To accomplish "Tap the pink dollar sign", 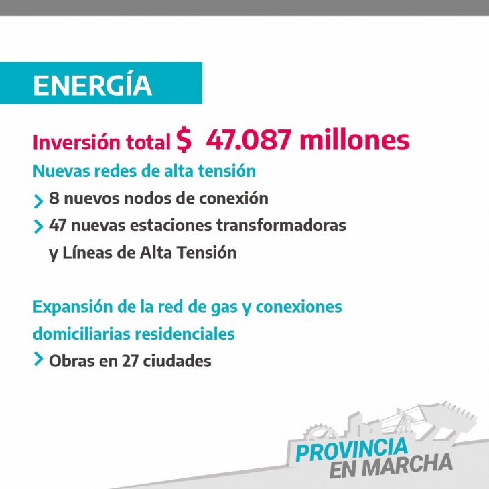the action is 184,139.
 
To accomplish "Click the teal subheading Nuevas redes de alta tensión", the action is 144,171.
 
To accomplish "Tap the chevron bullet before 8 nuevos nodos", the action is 38,201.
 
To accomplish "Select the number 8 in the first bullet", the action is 54,198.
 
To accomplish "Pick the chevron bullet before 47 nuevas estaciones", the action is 38,226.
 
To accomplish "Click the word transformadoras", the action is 281,225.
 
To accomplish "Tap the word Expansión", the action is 72,307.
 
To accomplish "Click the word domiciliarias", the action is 82,334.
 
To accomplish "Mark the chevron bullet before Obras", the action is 38,358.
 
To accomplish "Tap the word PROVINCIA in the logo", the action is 352,449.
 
